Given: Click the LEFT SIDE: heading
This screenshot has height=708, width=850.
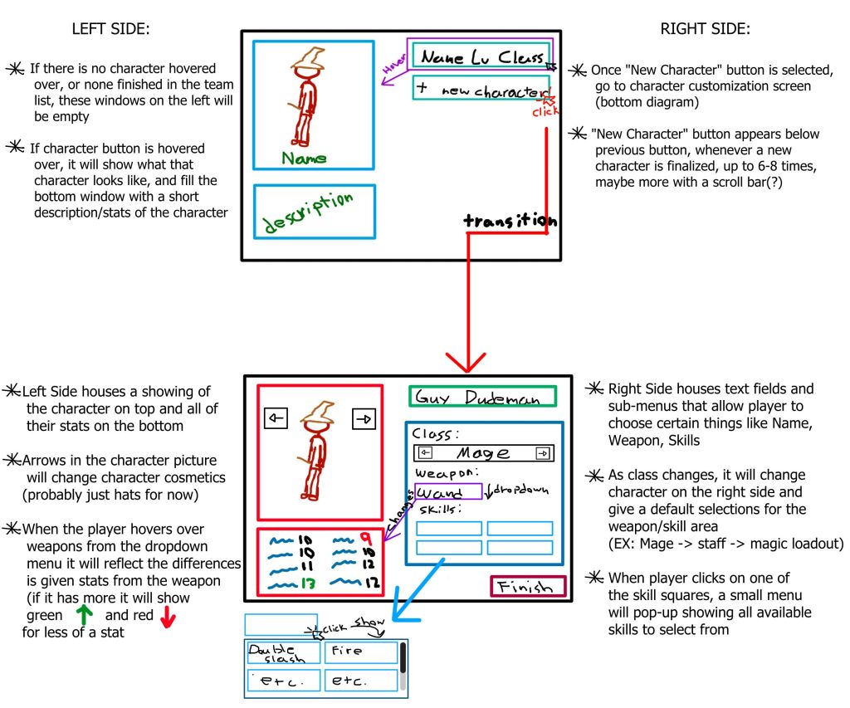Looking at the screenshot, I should [x=110, y=29].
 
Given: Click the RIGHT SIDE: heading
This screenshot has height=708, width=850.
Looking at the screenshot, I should [x=705, y=29].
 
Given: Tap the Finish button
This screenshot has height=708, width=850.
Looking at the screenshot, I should [x=527, y=587].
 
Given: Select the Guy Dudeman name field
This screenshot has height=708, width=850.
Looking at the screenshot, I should [x=482, y=398].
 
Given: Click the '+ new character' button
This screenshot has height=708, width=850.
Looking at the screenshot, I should [x=481, y=89].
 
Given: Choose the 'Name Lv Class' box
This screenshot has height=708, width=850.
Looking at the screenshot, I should [x=481, y=57].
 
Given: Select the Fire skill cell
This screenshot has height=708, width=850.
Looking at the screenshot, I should [x=360, y=652].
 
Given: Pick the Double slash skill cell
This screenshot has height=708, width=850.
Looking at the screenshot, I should [x=284, y=653].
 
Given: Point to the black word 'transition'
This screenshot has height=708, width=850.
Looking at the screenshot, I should [x=510, y=221].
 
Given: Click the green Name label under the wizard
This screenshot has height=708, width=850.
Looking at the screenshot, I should [x=304, y=158].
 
